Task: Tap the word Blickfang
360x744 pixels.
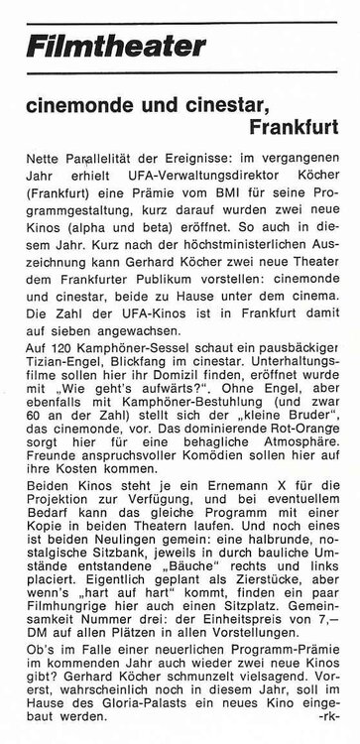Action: (x=147, y=340)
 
